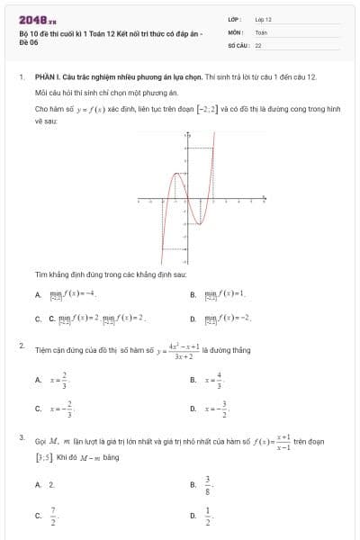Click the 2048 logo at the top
point(37,19)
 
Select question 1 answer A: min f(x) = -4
point(71,294)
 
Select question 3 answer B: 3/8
point(208,484)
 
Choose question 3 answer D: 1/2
point(208,517)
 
